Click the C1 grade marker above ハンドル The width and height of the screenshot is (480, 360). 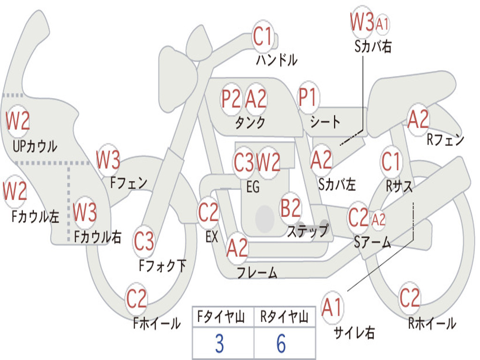coord(262,36)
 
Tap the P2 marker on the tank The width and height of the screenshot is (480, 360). coord(231,98)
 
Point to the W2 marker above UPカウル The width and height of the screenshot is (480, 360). coord(18,120)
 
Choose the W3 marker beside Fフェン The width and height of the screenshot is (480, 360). coord(108,160)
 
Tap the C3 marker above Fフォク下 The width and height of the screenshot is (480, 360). coord(143,241)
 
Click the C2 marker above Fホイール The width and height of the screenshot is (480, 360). coord(136,298)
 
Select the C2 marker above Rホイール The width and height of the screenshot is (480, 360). coord(409,298)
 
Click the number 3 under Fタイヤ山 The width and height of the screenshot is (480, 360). coord(219,344)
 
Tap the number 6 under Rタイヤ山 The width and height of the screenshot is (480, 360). coord(281,344)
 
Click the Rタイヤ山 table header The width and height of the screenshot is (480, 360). coord(284,316)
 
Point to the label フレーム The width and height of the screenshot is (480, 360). coord(257,272)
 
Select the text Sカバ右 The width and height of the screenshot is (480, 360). coord(373,46)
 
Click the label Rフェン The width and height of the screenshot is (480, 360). coord(445,140)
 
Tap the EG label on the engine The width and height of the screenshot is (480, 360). coord(253,187)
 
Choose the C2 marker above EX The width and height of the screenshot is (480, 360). coord(208,212)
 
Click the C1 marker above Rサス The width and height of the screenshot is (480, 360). coord(390,161)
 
